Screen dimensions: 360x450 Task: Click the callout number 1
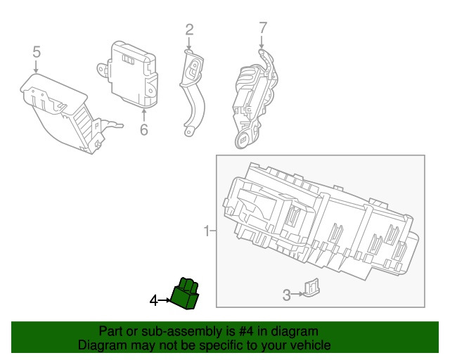point(207,231)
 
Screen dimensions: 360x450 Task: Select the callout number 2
point(189,30)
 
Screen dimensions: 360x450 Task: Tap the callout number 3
point(287,295)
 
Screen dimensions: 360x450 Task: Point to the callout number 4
point(154,301)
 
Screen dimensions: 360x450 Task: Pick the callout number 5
point(36,51)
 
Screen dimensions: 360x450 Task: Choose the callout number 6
point(143,129)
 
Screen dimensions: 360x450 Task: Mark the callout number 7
point(262,29)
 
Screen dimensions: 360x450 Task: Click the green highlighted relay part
point(186,293)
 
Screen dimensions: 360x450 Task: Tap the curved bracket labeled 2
point(193,91)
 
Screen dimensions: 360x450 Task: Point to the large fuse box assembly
point(316,221)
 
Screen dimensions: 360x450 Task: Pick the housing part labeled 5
point(63,112)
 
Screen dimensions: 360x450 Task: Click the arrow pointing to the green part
point(165,301)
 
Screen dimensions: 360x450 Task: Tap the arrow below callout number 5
point(36,66)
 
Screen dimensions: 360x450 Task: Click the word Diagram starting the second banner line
point(99,345)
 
